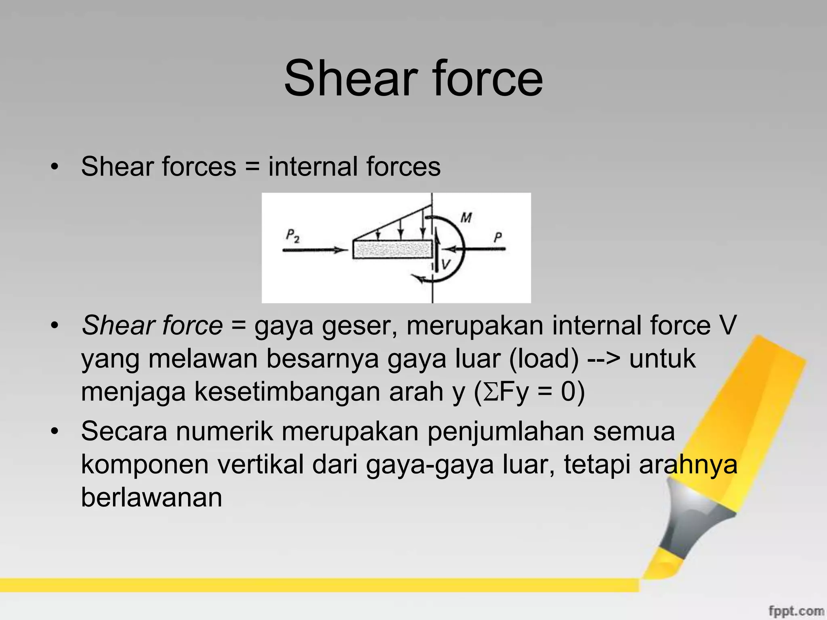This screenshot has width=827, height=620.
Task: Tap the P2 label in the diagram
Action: point(292,236)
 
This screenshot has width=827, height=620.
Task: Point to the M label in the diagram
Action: point(466,218)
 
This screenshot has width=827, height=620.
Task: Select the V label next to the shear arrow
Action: point(446,264)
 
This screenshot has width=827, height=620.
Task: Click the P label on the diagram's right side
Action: point(498,237)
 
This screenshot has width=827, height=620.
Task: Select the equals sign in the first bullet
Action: point(252,167)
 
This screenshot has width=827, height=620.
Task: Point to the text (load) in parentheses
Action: point(544,358)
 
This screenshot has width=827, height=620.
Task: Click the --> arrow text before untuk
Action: point(603,358)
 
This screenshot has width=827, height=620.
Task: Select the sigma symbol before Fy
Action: point(491,392)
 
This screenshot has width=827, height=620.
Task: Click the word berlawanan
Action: point(152,497)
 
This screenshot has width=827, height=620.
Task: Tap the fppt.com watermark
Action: point(796,611)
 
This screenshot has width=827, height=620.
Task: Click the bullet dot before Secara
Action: point(55,431)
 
